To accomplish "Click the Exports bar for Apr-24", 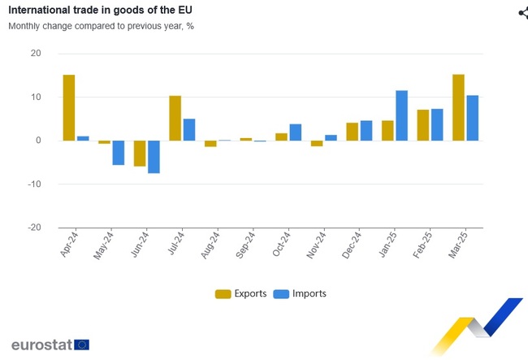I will (69, 107).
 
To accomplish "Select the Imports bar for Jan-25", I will (401, 115).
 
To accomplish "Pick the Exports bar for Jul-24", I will (175, 118).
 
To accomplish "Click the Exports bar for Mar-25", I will (458, 107).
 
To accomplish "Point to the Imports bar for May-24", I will (119, 153).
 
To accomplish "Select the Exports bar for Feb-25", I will (423, 125).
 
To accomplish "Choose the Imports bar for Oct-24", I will (296, 132).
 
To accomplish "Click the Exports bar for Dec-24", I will (352, 132).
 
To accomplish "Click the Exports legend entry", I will (240, 293).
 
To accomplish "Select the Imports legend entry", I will (300, 293).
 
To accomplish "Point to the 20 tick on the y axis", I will (36, 54).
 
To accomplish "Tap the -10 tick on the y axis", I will (33, 184).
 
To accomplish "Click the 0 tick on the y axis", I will (38, 141).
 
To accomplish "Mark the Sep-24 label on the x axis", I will (245, 243).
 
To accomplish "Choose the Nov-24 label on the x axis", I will (315, 243).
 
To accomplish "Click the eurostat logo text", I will (41, 345).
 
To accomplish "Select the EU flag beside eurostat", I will (82, 345).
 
